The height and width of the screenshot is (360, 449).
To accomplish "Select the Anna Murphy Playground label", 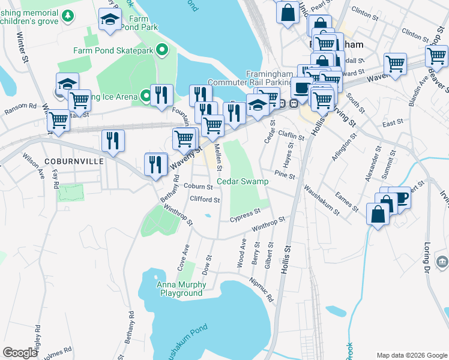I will [181, 289].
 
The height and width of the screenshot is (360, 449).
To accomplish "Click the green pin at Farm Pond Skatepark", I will [161, 50].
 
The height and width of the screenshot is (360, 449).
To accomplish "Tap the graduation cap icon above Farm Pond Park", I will [110, 20].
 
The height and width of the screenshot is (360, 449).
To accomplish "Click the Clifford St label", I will [205, 200].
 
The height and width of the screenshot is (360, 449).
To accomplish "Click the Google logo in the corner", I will [20, 353].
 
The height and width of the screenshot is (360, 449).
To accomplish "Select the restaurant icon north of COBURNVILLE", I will [112, 141].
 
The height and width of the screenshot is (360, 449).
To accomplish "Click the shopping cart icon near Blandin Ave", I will [396, 64].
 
